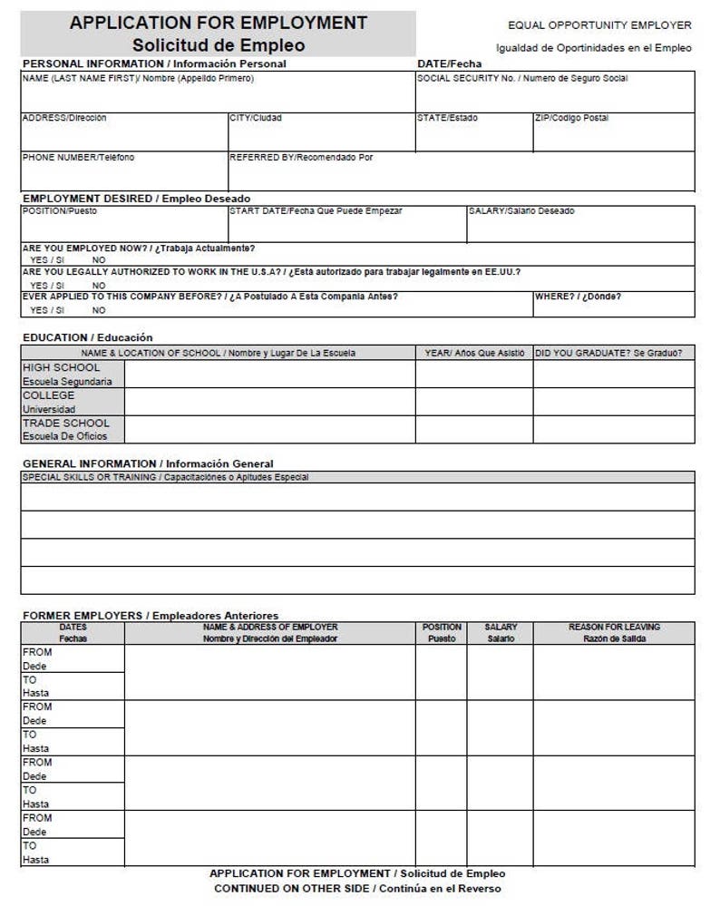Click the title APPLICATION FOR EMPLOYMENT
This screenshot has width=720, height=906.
pos(219,24)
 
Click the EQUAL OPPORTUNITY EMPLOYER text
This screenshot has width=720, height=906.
pos(599,25)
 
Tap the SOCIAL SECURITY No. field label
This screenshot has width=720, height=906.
pos(522,79)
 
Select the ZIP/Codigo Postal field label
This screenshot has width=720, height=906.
pos(571,118)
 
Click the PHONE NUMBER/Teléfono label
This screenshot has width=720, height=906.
pos(78,158)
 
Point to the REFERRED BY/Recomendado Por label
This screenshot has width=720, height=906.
pos(301,158)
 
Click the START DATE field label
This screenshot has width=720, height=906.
pos(316,211)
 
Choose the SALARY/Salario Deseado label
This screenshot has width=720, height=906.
pos(521,211)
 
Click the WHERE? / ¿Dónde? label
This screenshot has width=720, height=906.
pos(578,297)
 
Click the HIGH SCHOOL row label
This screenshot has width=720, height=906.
pos(62,367)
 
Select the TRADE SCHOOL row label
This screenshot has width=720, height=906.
pos(65,423)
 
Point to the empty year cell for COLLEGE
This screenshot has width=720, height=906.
pos(473,402)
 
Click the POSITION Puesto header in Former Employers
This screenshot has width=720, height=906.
pos(442,632)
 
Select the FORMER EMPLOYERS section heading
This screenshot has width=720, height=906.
pos(150,616)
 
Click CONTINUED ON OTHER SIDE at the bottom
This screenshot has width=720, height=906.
pos(357,889)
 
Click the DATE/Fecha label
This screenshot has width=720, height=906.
pos(450,64)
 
